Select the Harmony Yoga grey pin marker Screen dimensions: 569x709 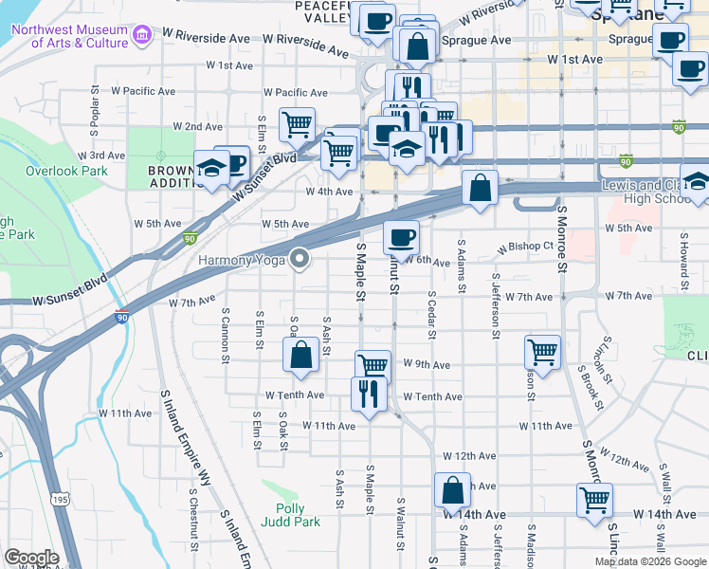pyautogui.click(x=301, y=258)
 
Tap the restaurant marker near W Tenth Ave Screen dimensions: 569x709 pyautogui.click(x=368, y=393)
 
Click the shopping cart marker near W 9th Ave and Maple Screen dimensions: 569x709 pyautogui.click(x=373, y=366)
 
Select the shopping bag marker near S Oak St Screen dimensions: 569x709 pyautogui.click(x=300, y=355)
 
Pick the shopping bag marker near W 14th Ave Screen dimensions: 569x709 pyautogui.click(x=452, y=490)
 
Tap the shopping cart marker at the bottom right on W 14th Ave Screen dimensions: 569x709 pyautogui.click(x=594, y=499)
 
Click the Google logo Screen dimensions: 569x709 pyautogui.click(x=31, y=559)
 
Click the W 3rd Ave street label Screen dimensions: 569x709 pyautogui.click(x=101, y=155)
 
